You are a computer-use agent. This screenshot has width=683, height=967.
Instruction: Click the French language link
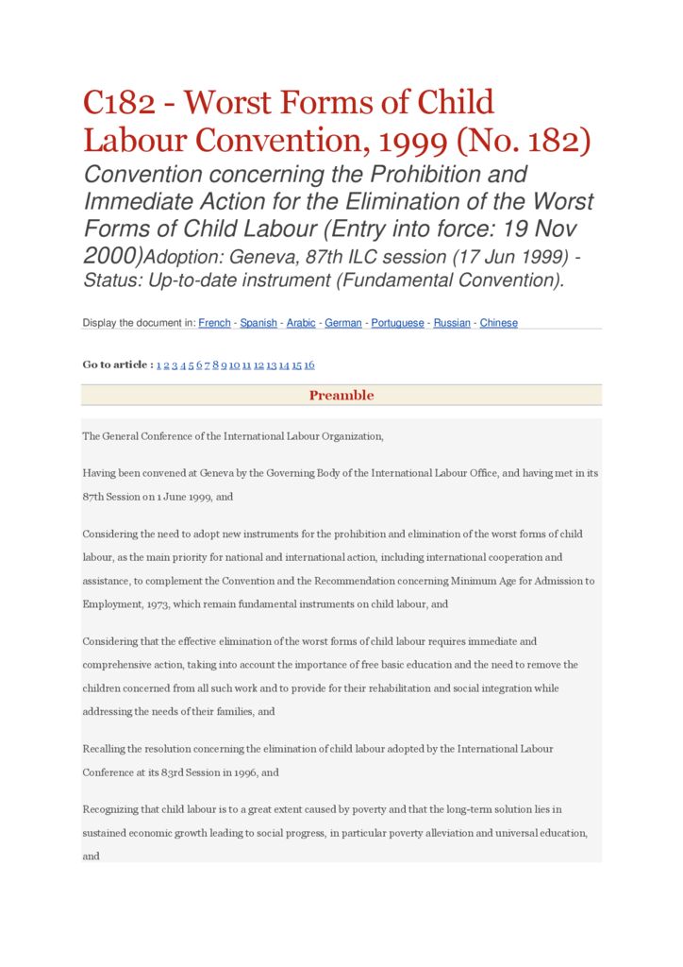point(214,323)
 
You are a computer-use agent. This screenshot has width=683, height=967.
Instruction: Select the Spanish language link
point(258,323)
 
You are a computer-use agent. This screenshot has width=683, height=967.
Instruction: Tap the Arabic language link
point(301,323)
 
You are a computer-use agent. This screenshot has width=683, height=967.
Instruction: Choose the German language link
point(343,323)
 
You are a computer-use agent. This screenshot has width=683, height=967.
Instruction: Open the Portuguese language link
point(397,323)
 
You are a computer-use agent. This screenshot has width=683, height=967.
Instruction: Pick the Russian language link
point(452,323)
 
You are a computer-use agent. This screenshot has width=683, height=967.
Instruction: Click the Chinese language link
point(498,323)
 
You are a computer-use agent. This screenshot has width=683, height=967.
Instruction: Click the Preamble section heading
point(341,396)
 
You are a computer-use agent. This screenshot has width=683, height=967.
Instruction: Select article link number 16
point(309,365)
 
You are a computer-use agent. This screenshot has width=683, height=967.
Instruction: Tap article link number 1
point(158,365)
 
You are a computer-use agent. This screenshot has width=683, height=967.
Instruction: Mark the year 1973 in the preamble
point(153,603)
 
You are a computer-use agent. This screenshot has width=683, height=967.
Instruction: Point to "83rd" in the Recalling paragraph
point(192,772)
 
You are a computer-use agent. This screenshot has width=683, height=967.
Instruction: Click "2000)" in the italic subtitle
point(112,256)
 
